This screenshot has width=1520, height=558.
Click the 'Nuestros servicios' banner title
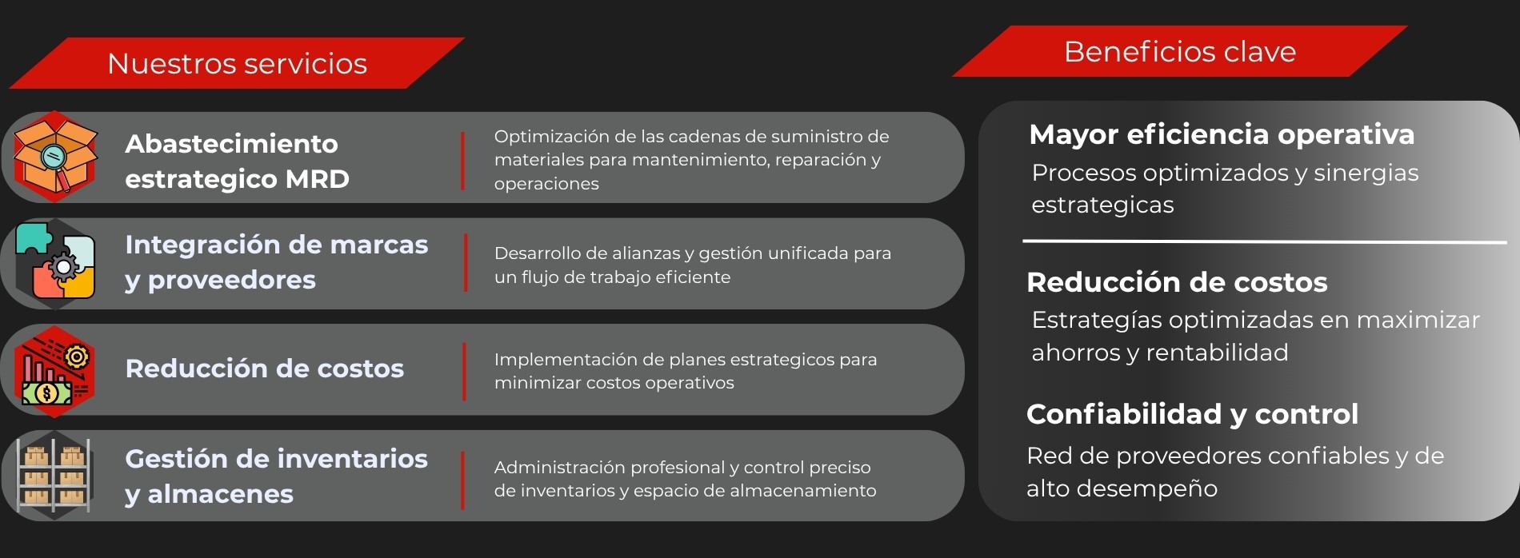[x=237, y=63]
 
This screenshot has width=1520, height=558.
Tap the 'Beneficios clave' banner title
[x=1179, y=51]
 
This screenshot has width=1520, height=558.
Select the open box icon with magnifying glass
[x=54, y=156]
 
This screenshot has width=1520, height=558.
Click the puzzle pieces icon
[x=54, y=263]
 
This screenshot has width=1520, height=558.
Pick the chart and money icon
[x=54, y=371]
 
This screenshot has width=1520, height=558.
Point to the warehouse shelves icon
[x=54, y=475]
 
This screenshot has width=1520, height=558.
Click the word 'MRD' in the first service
[x=318, y=178]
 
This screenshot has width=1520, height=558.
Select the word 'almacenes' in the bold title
[x=221, y=494]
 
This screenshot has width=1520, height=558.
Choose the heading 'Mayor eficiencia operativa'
[x=1222, y=134]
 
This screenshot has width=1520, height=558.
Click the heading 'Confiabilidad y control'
[x=1192, y=414]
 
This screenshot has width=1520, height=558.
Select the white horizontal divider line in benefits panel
[x=1264, y=241]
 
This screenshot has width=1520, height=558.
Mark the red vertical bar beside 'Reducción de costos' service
[x=464, y=371]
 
